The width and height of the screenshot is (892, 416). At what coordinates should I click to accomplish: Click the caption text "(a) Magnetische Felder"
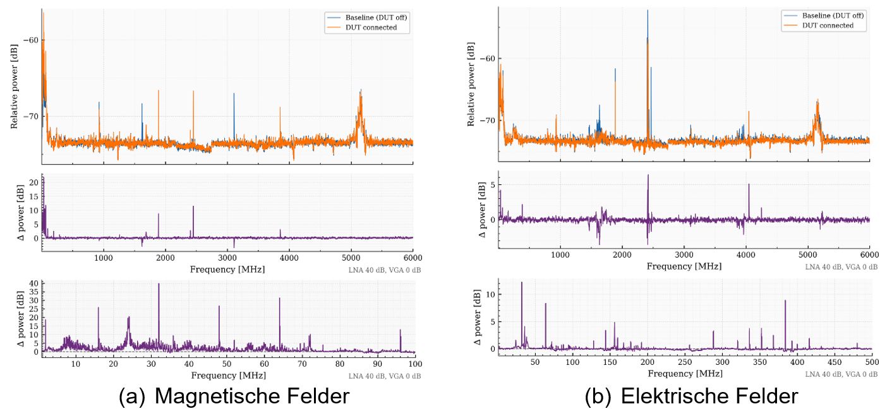tap(233, 396)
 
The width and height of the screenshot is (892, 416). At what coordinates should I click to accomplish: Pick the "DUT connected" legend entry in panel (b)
tap(828, 26)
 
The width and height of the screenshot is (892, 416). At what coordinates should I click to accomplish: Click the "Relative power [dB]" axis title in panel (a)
tap(14, 91)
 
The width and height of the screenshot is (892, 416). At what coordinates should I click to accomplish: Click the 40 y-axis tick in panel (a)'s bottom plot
tap(35, 283)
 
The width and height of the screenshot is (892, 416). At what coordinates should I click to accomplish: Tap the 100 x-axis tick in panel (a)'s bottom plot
tap(415, 364)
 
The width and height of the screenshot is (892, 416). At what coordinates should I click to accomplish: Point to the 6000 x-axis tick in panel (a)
tap(413, 258)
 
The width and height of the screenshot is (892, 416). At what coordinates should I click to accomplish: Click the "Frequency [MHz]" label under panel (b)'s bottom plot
tap(684, 372)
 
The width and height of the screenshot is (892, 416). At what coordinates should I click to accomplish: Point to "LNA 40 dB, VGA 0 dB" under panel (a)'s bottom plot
tap(385, 376)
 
